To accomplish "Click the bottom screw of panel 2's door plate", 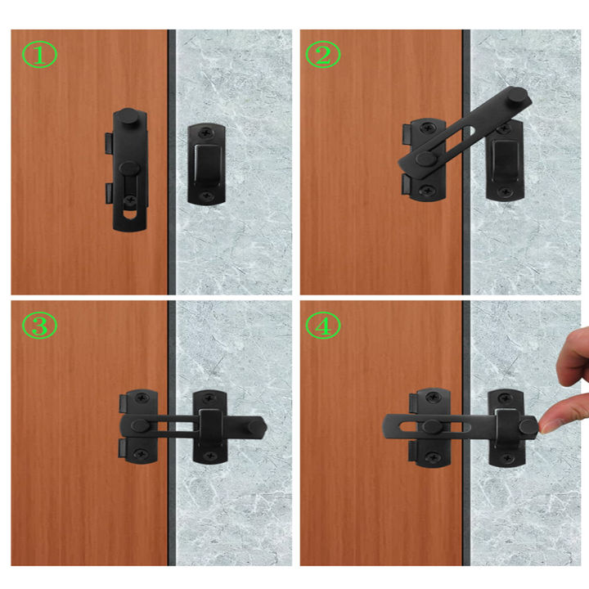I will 425,191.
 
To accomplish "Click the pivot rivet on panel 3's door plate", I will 139,425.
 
